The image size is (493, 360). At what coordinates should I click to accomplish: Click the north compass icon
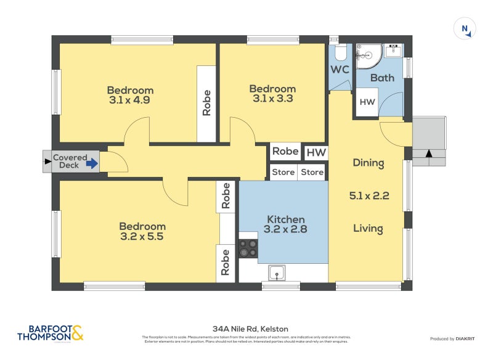tap(465, 29)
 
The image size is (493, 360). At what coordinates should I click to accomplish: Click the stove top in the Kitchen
tap(248, 248)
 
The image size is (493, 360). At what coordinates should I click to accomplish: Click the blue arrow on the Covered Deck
tap(92, 163)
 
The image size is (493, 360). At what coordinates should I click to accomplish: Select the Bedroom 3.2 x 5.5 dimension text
tap(142, 236)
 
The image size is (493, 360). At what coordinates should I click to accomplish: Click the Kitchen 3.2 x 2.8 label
tap(285, 224)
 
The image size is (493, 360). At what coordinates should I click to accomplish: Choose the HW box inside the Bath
tap(367, 102)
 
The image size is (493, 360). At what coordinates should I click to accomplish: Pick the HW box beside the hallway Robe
tap(316, 152)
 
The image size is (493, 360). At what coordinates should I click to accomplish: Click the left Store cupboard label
tap(283, 173)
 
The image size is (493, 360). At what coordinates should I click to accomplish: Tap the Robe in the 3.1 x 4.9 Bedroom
tap(206, 103)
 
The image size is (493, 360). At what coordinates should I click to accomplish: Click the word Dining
tap(368, 163)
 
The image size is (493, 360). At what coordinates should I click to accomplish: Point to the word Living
tap(368, 229)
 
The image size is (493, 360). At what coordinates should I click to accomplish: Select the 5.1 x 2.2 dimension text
tap(368, 196)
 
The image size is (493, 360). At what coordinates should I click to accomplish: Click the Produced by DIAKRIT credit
tap(455, 339)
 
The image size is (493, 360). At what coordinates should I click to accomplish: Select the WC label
tap(340, 70)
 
